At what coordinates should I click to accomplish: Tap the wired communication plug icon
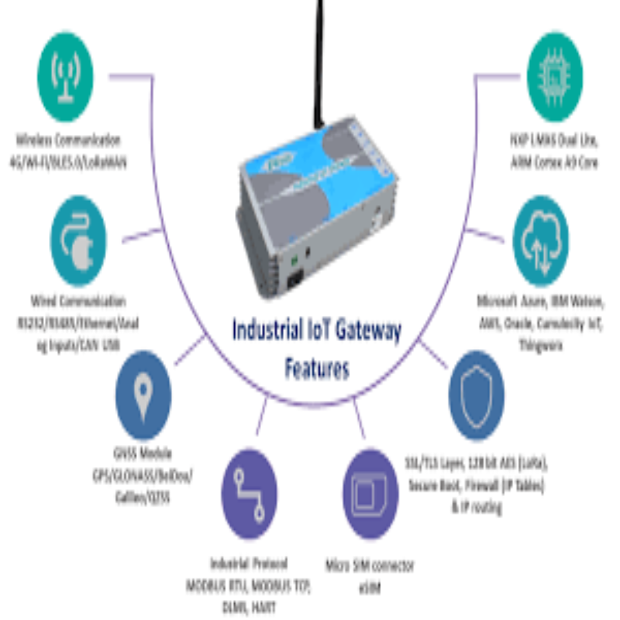78,241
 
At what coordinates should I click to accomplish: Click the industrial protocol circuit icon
249,494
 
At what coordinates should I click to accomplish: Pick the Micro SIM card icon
370,494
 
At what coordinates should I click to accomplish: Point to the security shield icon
476,395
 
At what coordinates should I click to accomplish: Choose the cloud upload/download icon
540,241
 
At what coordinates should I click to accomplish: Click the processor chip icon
554,76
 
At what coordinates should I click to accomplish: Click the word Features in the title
317,369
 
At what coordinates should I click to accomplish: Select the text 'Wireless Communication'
68,140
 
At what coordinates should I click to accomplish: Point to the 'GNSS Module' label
143,454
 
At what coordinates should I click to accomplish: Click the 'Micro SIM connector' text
370,565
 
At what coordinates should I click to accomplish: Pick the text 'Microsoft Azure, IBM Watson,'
540,301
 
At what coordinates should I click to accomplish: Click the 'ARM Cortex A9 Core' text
554,162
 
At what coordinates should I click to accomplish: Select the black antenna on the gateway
317,63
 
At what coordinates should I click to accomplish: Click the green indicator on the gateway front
294,260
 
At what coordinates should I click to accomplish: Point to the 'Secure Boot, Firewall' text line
476,485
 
